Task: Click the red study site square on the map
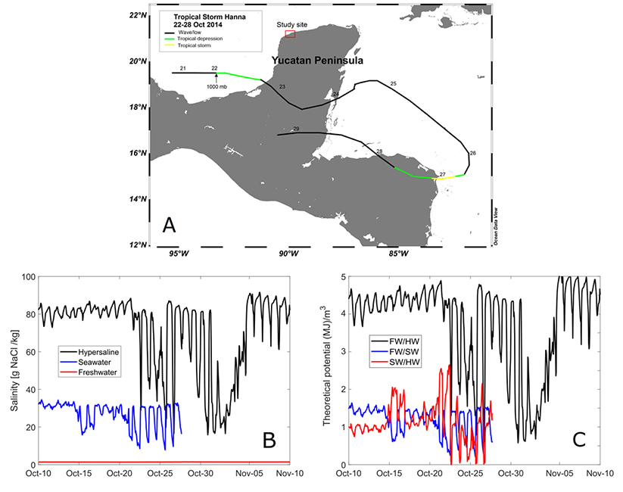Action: tap(290, 35)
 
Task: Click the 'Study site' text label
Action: tap(291, 24)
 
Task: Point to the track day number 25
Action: tap(393, 83)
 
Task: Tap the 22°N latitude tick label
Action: tap(137, 15)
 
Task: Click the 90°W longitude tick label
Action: tap(288, 254)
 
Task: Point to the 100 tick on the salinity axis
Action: tap(29, 277)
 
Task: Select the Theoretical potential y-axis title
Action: tap(327, 371)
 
